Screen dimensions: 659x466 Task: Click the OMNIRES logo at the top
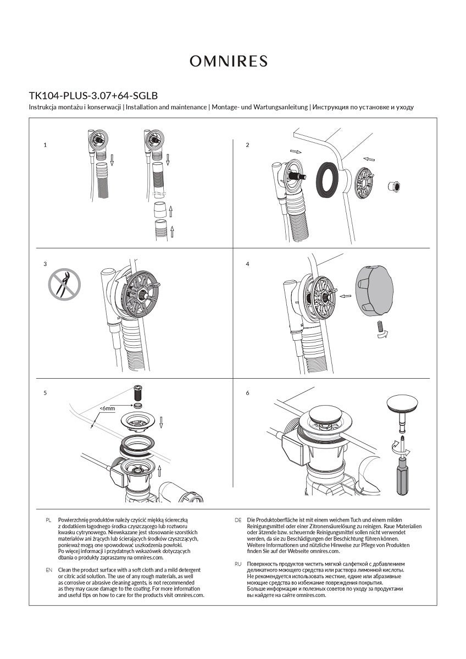click(229, 61)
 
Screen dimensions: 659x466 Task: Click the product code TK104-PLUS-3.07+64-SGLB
click(93, 95)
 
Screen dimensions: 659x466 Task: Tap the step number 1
click(45, 145)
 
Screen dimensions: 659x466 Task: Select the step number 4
click(248, 264)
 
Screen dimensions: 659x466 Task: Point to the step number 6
click(248, 393)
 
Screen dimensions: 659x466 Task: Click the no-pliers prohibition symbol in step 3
click(64, 284)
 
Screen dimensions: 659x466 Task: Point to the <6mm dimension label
click(108, 409)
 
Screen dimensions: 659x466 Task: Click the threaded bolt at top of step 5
click(138, 395)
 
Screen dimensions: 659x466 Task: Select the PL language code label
click(49, 519)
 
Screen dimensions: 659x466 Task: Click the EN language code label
click(49, 570)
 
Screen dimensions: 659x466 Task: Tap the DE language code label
click(238, 519)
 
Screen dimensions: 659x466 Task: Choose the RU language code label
click(238, 564)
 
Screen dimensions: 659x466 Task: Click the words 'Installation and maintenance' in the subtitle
click(167, 107)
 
